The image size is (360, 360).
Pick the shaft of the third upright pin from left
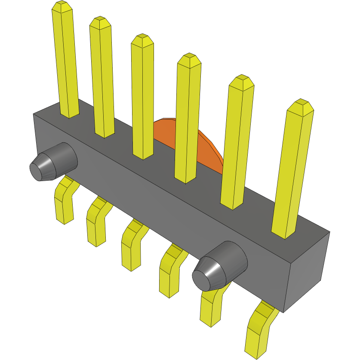coord(143,99)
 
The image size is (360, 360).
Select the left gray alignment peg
coord(54,161)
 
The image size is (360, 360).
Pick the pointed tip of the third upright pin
coord(142,40)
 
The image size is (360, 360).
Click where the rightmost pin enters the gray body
coord(284,232)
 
